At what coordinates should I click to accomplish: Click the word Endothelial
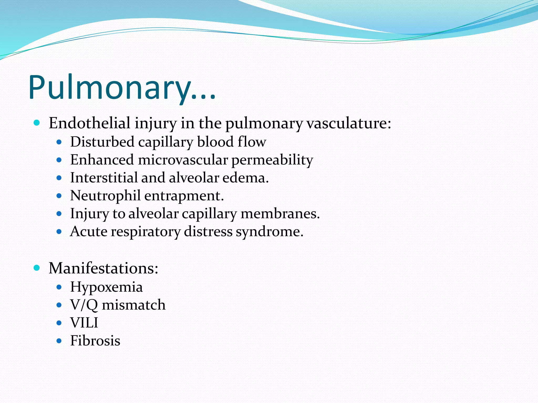[x=90, y=123]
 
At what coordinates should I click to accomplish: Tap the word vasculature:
[x=349, y=123]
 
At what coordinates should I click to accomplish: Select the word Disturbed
[x=102, y=142]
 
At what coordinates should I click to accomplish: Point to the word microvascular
[x=183, y=160]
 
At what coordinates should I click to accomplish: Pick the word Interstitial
[x=104, y=178]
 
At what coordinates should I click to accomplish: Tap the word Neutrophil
[x=105, y=196]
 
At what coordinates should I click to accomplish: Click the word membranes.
[x=280, y=214]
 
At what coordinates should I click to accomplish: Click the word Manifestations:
[x=104, y=268]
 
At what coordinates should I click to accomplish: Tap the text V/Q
[x=84, y=305]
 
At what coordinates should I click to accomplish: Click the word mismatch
[x=134, y=305]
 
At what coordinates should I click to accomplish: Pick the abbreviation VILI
[x=84, y=323]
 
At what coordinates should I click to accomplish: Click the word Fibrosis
[x=95, y=341]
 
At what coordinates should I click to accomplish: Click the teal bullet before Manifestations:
[x=37, y=268]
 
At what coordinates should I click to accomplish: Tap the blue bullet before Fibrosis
[x=59, y=341]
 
